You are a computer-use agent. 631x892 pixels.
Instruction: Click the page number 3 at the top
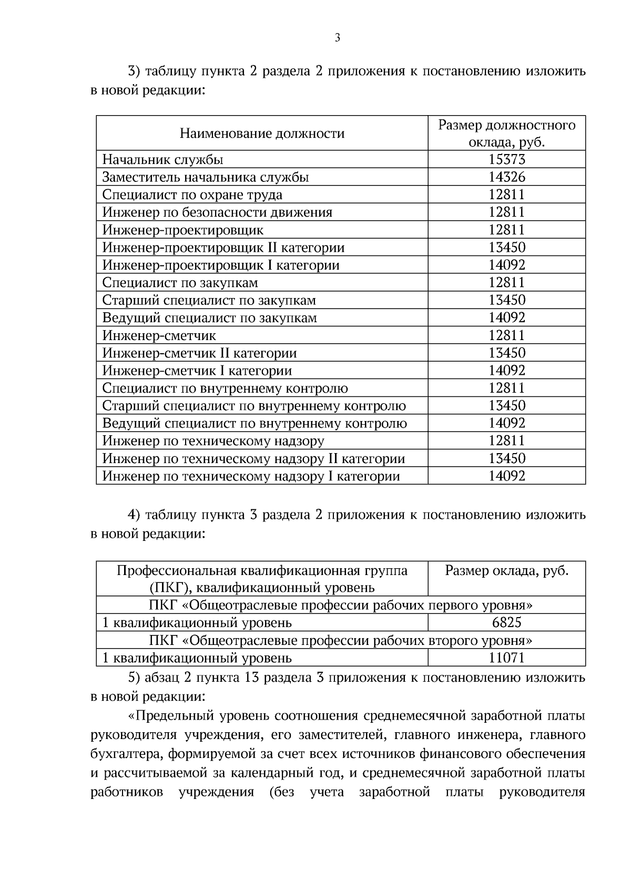(x=337, y=37)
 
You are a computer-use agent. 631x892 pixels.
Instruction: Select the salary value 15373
(x=506, y=159)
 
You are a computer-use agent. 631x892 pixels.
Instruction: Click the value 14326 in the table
(x=506, y=177)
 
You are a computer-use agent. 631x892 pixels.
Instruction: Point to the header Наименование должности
(x=262, y=134)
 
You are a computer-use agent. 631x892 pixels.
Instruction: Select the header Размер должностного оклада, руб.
(x=506, y=134)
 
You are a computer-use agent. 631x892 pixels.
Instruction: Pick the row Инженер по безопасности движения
(x=217, y=212)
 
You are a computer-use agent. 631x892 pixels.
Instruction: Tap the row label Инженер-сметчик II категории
(x=199, y=353)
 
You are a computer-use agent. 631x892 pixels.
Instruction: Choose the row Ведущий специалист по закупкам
(x=209, y=318)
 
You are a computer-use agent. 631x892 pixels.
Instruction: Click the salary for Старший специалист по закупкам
(x=506, y=300)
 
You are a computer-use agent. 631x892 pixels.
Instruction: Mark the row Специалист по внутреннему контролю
(x=225, y=388)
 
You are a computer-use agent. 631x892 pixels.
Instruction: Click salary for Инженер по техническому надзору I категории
(x=506, y=476)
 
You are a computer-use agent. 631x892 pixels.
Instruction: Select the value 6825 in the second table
(x=506, y=623)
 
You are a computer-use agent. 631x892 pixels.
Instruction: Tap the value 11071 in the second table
(x=506, y=658)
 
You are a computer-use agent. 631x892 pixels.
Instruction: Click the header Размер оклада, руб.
(x=506, y=571)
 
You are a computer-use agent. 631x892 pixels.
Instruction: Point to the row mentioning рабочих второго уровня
(x=341, y=641)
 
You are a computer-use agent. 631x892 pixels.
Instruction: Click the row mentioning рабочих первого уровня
(x=341, y=606)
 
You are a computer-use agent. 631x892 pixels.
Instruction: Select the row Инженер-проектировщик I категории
(x=221, y=265)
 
